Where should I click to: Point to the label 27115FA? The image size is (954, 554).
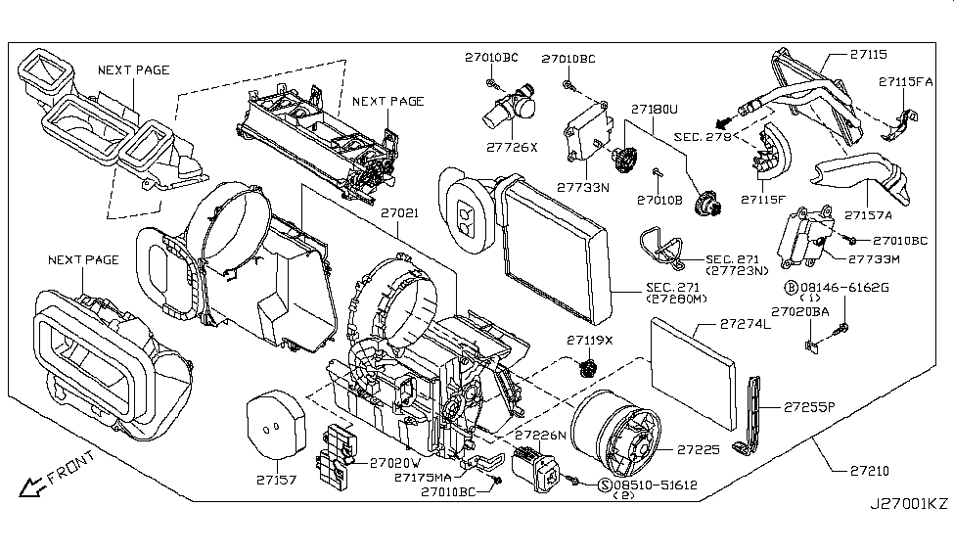coord(905,82)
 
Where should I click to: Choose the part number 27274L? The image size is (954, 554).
coord(746,323)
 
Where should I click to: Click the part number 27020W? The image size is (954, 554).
coord(395,463)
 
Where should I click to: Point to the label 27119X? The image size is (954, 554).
coord(588,340)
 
